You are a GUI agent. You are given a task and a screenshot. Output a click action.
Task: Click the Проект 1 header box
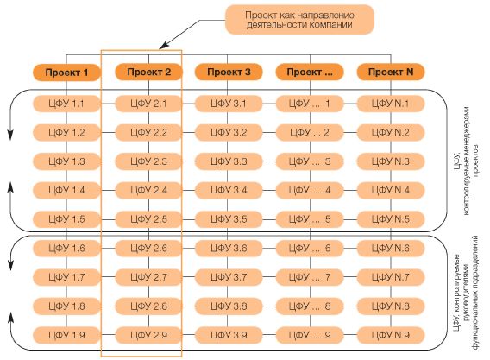point(66,73)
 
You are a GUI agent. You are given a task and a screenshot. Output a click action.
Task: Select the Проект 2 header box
point(148,73)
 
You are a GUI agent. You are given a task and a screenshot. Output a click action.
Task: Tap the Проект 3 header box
point(229,73)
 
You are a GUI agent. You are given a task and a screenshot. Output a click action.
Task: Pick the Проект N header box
point(391,73)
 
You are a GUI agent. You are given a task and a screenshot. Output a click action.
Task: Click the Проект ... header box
point(310,73)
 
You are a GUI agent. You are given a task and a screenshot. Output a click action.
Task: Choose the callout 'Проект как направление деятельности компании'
point(299,19)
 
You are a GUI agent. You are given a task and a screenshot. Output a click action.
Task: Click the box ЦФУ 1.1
point(66,104)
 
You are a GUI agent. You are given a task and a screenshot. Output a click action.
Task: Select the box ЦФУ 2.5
point(148,219)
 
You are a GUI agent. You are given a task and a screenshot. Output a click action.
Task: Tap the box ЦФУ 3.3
point(229,161)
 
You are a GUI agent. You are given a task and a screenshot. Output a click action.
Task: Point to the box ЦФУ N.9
point(391,335)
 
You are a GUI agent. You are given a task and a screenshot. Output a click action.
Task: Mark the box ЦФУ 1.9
point(66,335)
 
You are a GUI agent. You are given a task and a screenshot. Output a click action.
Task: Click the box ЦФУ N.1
point(391,104)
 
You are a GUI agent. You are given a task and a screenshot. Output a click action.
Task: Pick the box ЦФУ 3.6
point(229,248)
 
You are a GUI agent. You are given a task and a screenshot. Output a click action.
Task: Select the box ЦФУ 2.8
point(148,306)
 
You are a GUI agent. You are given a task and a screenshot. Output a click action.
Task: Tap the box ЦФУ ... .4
point(310,190)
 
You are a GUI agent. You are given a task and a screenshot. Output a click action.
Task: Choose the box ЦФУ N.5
point(391,219)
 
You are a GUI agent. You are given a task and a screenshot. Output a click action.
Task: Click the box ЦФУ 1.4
point(66,190)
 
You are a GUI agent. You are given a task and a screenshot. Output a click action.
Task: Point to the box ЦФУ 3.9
point(229,335)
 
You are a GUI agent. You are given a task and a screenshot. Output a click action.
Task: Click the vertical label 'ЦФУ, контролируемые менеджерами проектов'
point(467,161)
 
